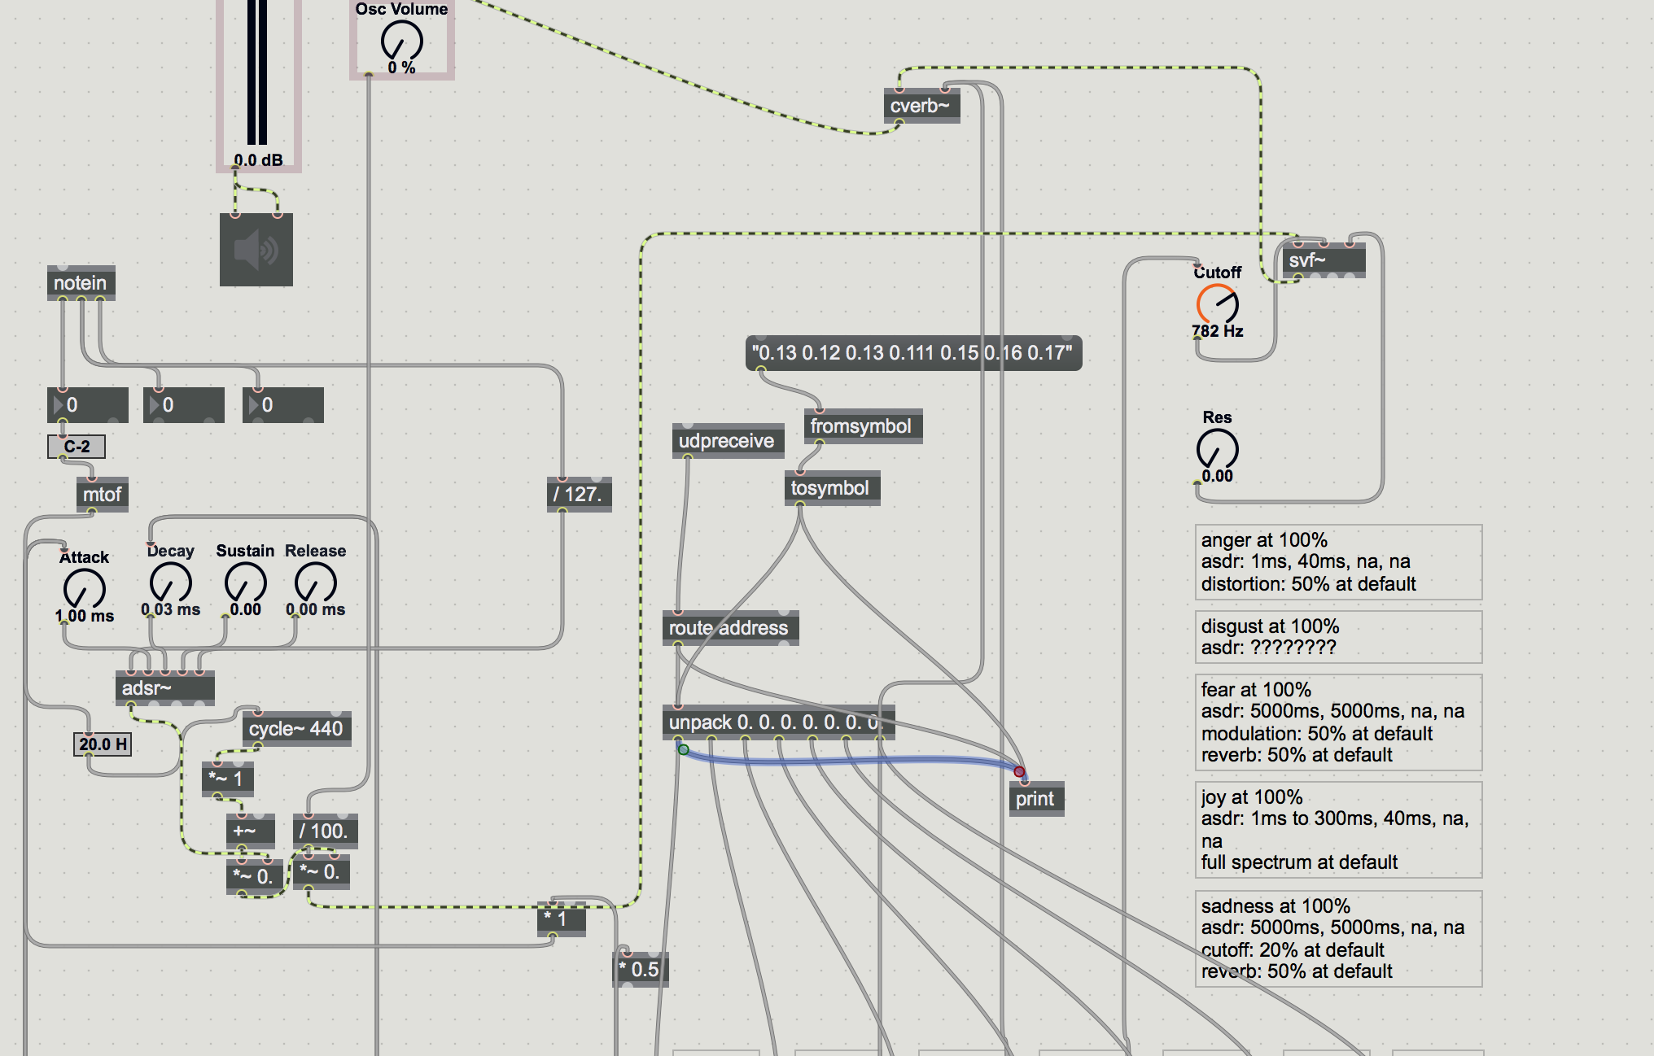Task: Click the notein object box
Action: pos(81,283)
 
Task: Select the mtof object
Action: pos(102,495)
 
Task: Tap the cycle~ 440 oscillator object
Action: pos(295,729)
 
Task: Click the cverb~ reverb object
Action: pos(921,106)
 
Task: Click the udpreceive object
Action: pos(727,441)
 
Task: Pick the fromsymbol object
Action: pos(861,426)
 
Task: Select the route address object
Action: pos(729,628)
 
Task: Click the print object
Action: pos(1035,799)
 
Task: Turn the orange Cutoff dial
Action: pos(1218,304)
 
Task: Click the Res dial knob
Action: pos(1218,448)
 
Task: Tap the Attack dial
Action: pos(85,588)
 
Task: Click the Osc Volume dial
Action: pos(402,41)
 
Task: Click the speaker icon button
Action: pos(256,250)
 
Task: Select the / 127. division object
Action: pos(578,495)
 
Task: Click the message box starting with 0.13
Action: pos(912,353)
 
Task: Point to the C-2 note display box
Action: pos(77,447)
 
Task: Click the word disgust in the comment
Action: pos(1228,626)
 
